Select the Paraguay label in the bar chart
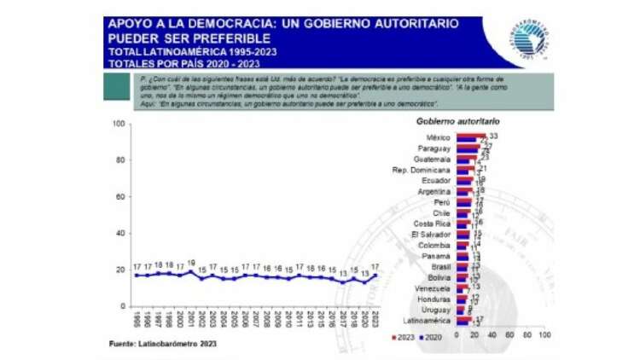point(434,148)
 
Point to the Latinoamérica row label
point(428,321)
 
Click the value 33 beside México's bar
point(493,136)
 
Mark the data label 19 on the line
point(191,263)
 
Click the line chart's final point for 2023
point(375,275)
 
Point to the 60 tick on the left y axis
point(121,197)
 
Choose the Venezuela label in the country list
point(432,288)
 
